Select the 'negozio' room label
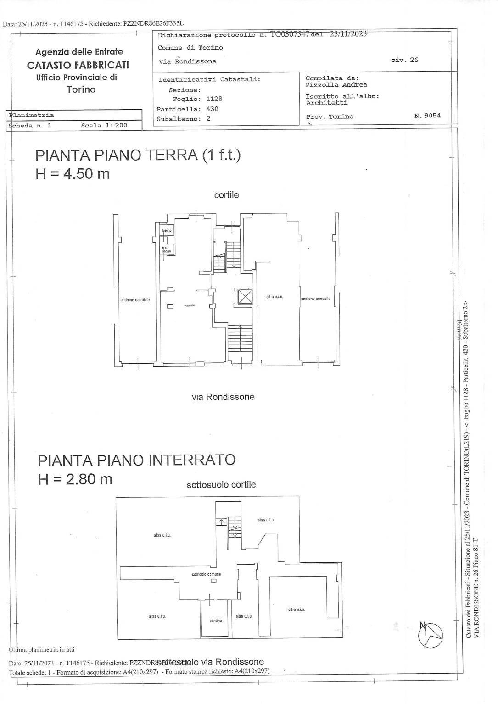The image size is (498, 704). coord(190,305)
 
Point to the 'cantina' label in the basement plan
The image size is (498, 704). coord(215,621)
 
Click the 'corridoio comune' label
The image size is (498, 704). coord(206,574)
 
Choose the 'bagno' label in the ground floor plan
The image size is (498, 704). coord(166,230)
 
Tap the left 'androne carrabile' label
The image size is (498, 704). coord(135,300)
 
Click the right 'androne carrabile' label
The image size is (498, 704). coord(315,299)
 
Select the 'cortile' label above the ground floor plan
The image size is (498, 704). coord(226,195)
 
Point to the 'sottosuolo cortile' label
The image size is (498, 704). coord(221,485)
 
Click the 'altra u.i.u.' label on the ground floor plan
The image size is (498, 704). coord(274,297)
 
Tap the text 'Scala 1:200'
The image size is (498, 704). coord(104,125)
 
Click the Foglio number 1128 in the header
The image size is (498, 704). coord(214,99)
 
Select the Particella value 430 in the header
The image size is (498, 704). coord(212,109)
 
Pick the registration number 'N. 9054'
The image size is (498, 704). coord(427,116)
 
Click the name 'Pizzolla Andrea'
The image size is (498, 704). coord(336,85)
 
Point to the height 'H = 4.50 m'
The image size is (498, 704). coord(73,174)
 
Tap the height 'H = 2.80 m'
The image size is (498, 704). coord(75,479)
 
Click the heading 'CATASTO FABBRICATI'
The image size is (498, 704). coord(78,65)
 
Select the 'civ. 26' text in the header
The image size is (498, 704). coord(404,60)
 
